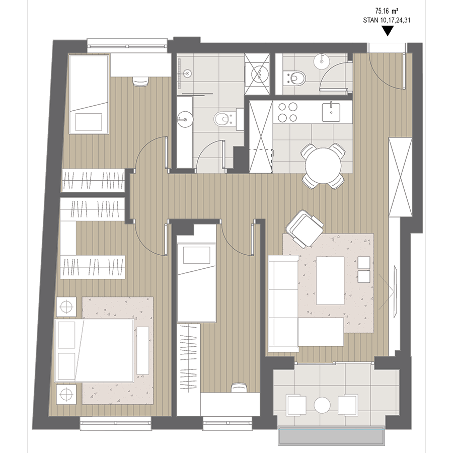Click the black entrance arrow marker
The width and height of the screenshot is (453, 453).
[388, 31]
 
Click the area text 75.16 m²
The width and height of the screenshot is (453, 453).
[387, 11]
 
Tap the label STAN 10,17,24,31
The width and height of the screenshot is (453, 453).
[387, 20]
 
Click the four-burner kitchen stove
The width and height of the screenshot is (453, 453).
[287, 112]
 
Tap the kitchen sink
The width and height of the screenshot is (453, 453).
[331, 112]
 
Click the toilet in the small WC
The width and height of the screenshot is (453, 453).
[294, 78]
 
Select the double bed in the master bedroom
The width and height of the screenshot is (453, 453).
[94, 350]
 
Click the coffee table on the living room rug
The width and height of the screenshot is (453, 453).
[330, 280]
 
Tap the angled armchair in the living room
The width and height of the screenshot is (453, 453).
[305, 229]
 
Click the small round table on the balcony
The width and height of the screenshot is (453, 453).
[322, 405]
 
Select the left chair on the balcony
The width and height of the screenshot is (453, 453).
[296, 405]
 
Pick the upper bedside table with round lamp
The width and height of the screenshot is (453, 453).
[66, 307]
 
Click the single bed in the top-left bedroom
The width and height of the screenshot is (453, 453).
[89, 94]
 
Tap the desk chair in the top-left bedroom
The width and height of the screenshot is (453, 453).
[140, 81]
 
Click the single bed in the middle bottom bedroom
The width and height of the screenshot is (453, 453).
[196, 282]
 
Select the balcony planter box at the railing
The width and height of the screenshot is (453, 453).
[331, 436]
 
